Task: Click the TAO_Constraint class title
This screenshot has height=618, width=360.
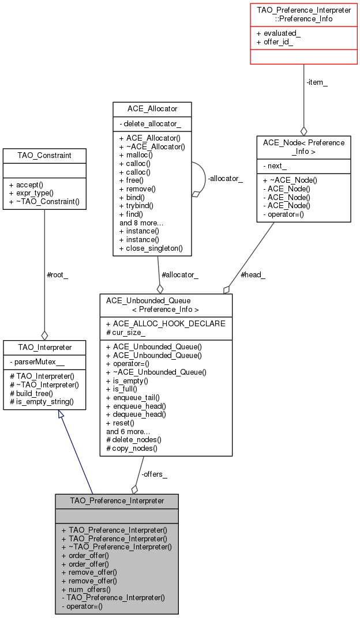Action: click(x=44, y=155)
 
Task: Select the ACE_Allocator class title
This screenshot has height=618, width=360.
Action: click(x=152, y=108)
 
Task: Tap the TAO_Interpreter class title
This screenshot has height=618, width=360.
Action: click(x=44, y=347)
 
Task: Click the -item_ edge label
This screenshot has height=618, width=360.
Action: click(x=316, y=82)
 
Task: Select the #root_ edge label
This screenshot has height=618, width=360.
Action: click(x=57, y=274)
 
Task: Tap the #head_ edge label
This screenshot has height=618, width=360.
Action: click(x=253, y=275)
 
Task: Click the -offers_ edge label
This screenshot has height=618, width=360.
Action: click(x=154, y=474)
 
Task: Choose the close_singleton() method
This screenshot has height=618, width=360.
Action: click(x=151, y=248)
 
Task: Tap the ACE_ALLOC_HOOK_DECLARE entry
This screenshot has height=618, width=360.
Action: click(x=166, y=323)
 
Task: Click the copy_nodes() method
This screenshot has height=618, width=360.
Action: click(x=132, y=447)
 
